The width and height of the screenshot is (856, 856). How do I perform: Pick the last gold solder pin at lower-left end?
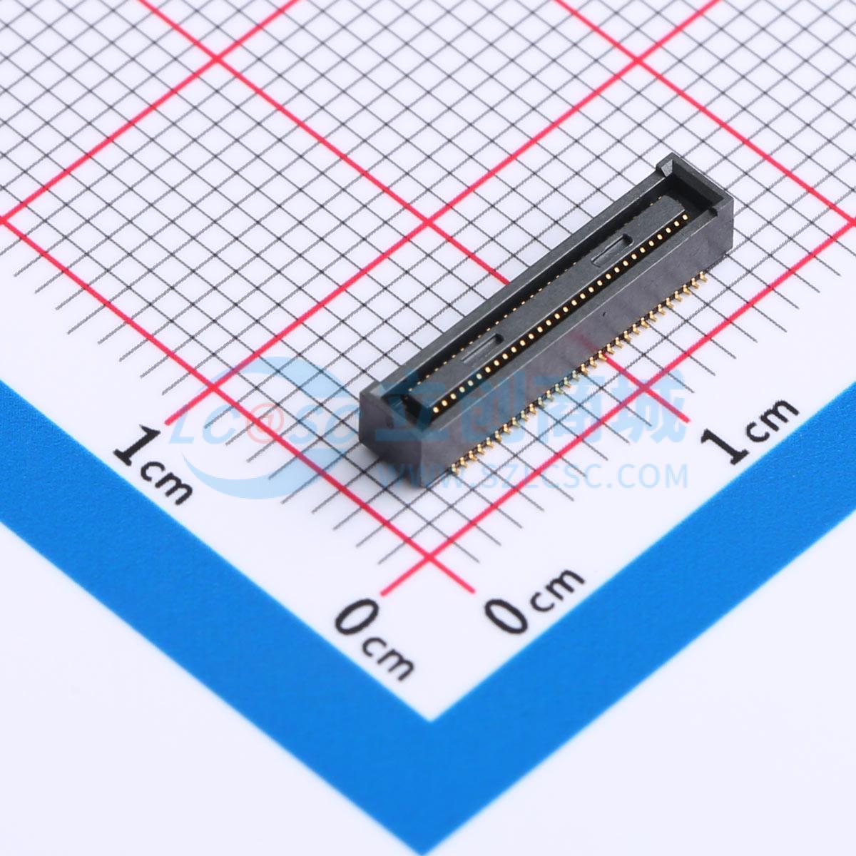pos(455,469)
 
